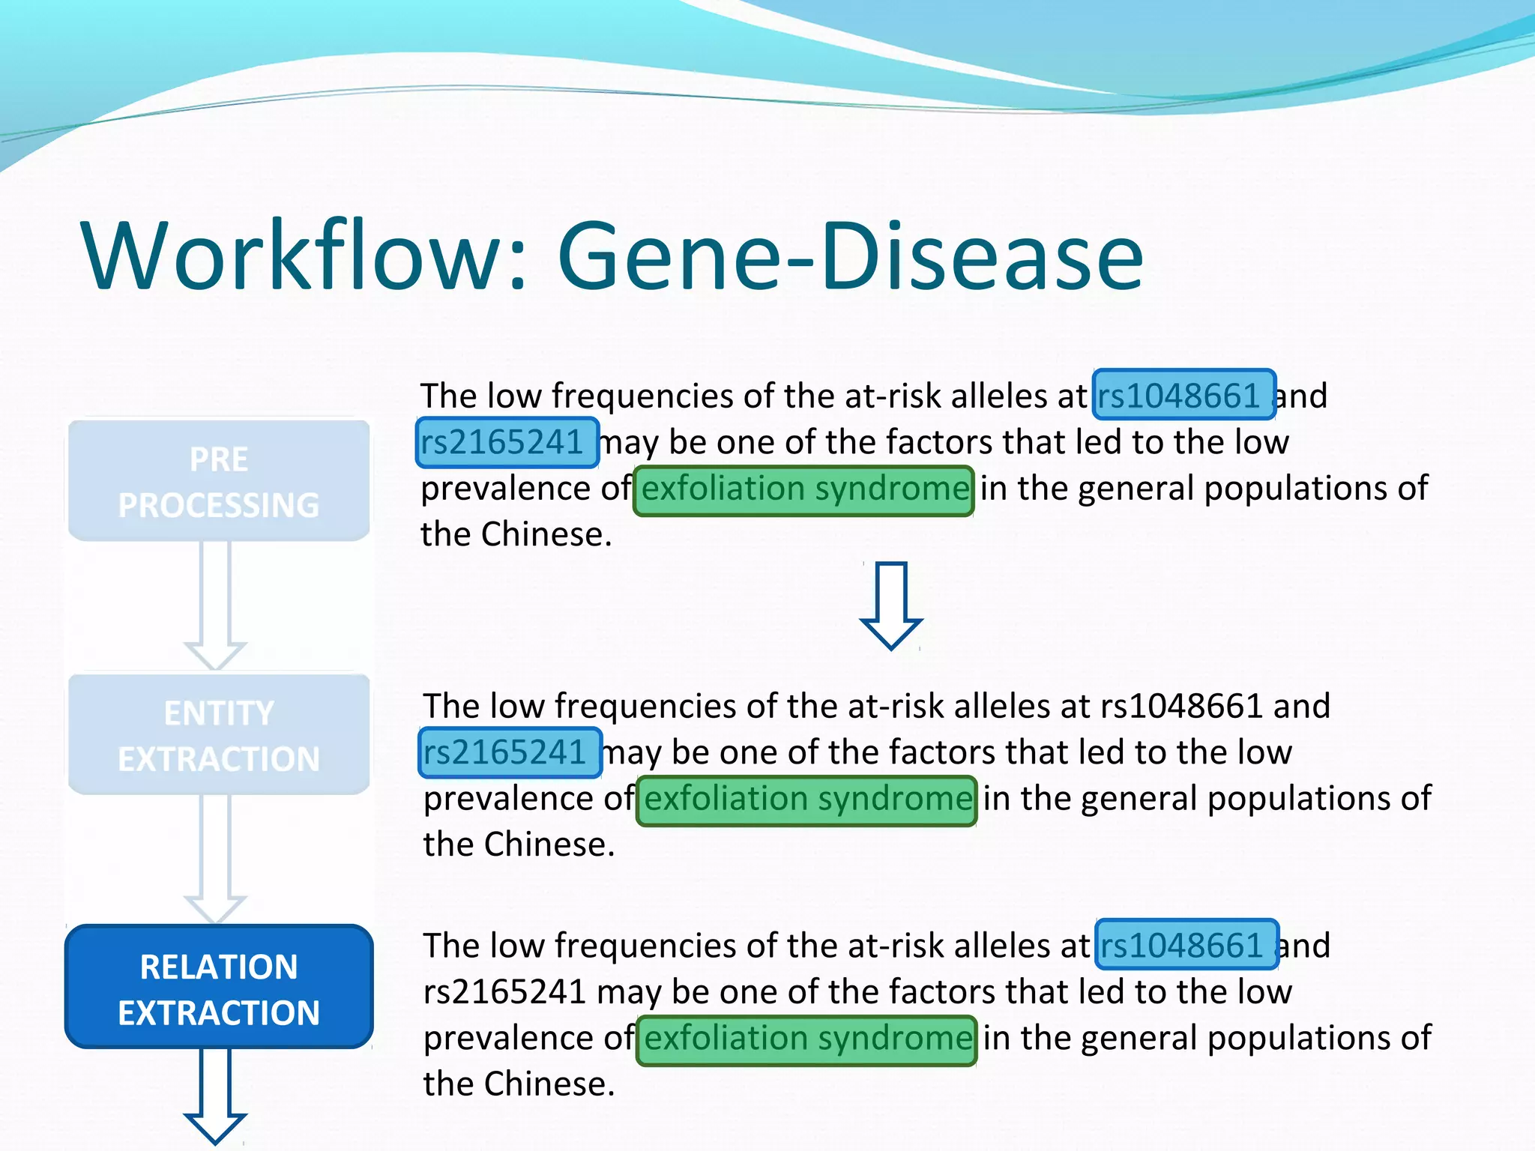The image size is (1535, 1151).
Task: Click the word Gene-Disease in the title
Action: point(850,256)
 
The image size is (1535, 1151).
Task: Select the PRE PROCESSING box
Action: point(219,481)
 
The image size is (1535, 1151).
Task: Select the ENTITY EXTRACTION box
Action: point(219,735)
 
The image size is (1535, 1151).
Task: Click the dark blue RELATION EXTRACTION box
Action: point(219,988)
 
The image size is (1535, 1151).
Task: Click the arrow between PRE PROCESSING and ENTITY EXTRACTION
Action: point(215,603)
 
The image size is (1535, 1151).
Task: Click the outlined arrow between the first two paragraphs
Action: point(890,605)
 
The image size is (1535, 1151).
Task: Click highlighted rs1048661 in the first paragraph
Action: point(1184,396)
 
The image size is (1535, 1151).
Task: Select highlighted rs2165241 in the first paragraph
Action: point(507,442)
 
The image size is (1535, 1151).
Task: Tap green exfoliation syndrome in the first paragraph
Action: point(803,490)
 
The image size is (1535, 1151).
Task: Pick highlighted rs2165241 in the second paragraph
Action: point(510,752)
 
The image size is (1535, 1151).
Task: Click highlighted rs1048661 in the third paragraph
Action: point(1187,945)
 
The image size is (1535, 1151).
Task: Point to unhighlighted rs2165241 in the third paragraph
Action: point(504,992)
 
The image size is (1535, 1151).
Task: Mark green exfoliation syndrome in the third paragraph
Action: point(806,1039)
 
